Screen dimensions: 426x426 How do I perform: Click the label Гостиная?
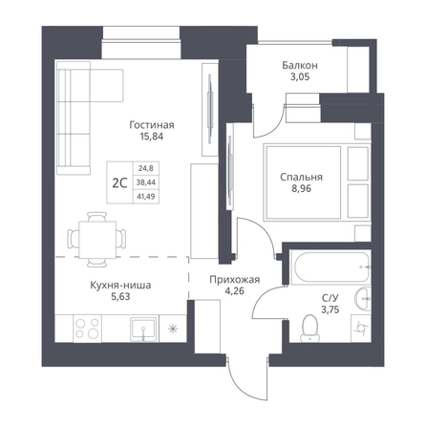(x=152, y=125)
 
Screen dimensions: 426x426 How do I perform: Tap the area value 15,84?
(x=152, y=137)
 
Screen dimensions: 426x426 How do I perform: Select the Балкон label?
(x=300, y=66)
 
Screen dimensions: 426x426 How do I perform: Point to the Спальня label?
(x=301, y=177)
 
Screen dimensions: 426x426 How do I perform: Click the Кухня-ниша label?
(x=120, y=285)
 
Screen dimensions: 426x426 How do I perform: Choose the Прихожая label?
(x=234, y=280)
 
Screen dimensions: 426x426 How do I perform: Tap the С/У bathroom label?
(x=330, y=298)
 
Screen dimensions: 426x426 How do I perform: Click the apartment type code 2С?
(x=119, y=182)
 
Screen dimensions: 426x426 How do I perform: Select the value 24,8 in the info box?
(x=146, y=167)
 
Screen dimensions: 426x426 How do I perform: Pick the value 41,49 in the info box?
(x=146, y=197)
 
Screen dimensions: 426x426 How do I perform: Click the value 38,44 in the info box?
(x=146, y=182)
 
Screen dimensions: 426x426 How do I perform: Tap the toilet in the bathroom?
(x=310, y=329)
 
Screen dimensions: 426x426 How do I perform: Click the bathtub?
(x=331, y=266)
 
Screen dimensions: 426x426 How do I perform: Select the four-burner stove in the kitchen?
(x=87, y=329)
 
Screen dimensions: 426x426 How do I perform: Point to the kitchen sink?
(x=143, y=329)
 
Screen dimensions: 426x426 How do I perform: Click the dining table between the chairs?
(x=97, y=240)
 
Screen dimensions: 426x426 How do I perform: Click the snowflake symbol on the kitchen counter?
(x=173, y=329)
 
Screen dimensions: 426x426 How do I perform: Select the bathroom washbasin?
(x=363, y=299)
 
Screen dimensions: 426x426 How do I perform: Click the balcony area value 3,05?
(x=300, y=77)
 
